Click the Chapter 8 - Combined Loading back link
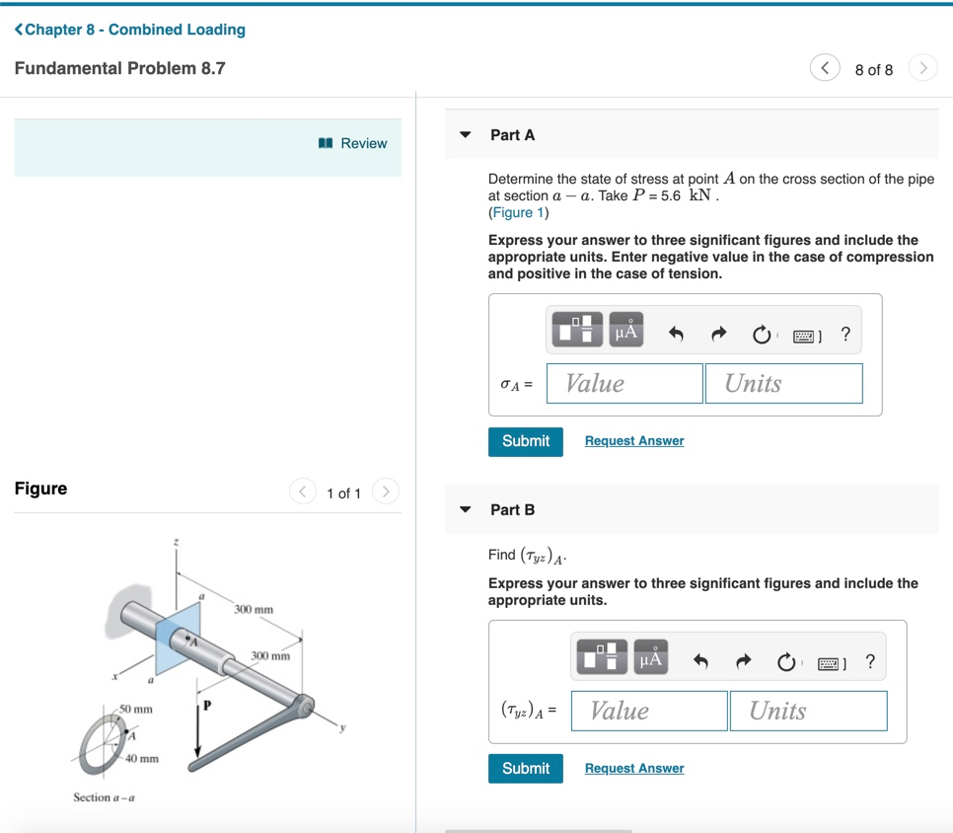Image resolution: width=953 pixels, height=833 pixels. click(x=130, y=30)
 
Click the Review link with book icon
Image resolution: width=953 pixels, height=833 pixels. click(x=353, y=143)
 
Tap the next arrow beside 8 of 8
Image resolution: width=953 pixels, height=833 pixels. click(x=922, y=68)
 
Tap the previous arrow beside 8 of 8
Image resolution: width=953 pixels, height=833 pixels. click(x=825, y=68)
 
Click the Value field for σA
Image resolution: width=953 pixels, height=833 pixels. click(x=624, y=383)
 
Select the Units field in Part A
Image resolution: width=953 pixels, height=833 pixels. click(x=783, y=383)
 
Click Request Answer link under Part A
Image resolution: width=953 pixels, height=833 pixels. click(x=633, y=441)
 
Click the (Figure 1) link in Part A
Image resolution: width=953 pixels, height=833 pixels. click(x=518, y=212)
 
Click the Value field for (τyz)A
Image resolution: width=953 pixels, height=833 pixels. click(x=649, y=711)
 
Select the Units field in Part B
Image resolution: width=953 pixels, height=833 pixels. click(x=808, y=711)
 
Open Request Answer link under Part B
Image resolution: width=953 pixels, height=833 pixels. click(x=633, y=768)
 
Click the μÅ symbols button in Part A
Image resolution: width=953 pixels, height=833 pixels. click(x=626, y=333)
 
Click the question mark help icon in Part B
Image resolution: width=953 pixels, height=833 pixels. click(x=870, y=661)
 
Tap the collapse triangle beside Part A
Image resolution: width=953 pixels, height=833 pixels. click(x=466, y=135)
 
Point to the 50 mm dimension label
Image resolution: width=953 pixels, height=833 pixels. click(x=136, y=710)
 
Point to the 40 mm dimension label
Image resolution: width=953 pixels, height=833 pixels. click(x=142, y=759)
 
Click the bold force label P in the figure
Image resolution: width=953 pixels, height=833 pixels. click(x=207, y=706)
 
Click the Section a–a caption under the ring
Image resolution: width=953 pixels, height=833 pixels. click(x=104, y=797)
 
